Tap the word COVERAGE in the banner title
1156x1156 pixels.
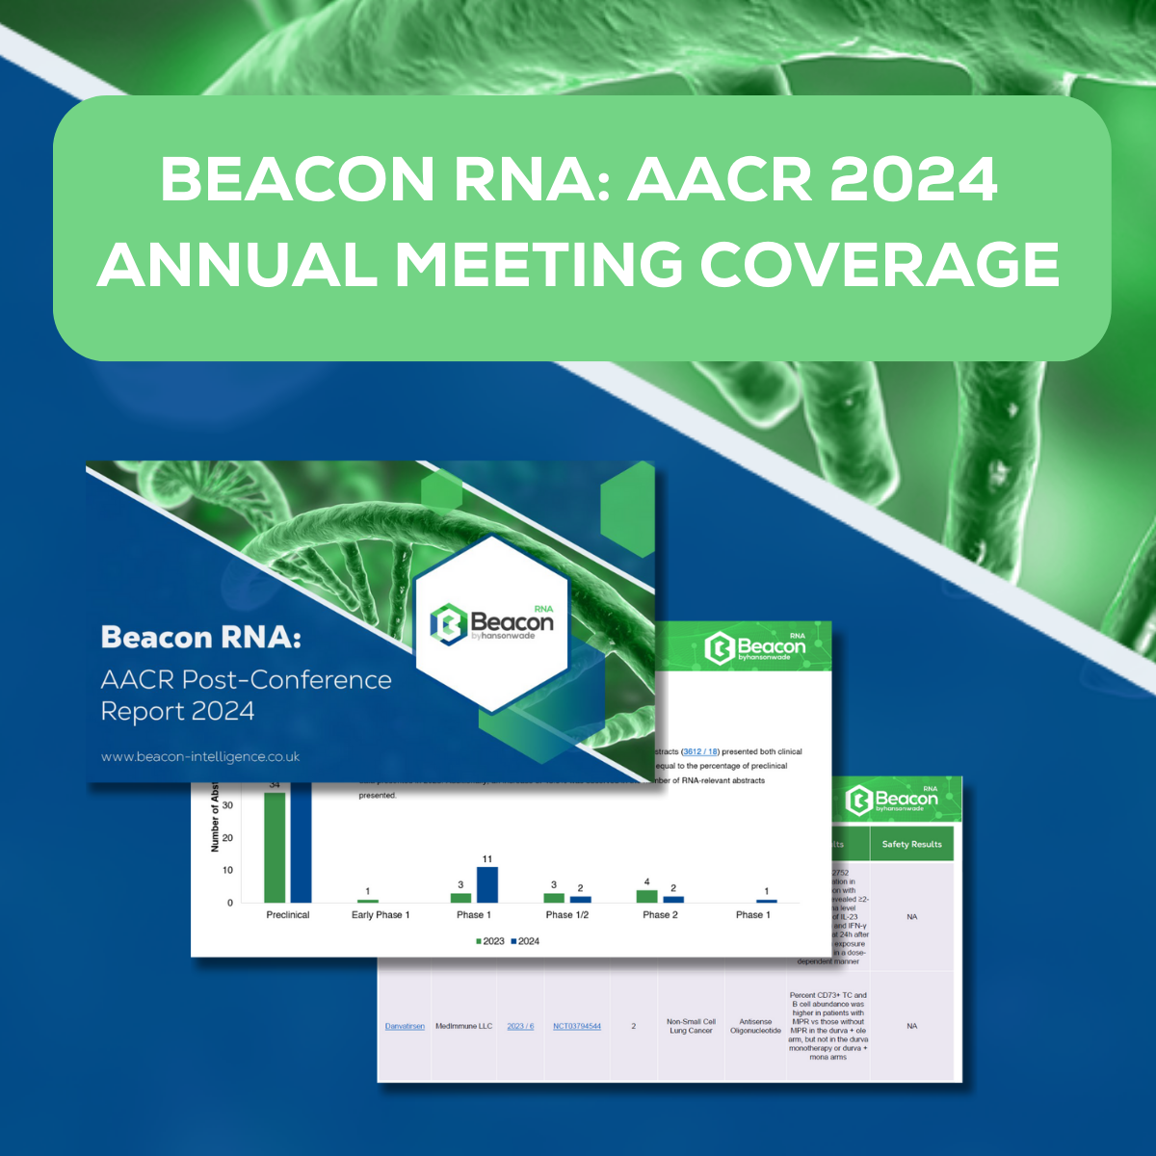(x=880, y=264)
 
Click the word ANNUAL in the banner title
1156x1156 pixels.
(x=237, y=264)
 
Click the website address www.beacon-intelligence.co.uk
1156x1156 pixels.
(x=200, y=757)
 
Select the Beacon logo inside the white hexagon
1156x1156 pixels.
(x=492, y=624)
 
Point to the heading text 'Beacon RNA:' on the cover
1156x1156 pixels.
(x=200, y=638)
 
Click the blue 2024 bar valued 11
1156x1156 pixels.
(x=487, y=884)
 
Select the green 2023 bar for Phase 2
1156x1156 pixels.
(x=647, y=896)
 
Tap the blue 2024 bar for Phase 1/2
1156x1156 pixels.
(x=580, y=899)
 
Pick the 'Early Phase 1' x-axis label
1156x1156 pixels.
(x=381, y=915)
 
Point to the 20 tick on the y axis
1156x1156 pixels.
(x=227, y=838)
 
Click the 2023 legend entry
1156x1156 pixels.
(x=490, y=941)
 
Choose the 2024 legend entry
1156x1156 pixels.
(x=525, y=941)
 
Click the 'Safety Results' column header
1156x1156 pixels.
(x=911, y=844)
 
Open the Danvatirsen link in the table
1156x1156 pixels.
(x=405, y=1026)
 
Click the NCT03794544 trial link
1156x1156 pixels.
(x=577, y=1026)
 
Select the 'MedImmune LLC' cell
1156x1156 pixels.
(x=463, y=1026)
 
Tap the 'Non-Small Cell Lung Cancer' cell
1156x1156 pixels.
(x=691, y=1026)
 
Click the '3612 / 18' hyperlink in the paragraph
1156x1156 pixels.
(x=700, y=751)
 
